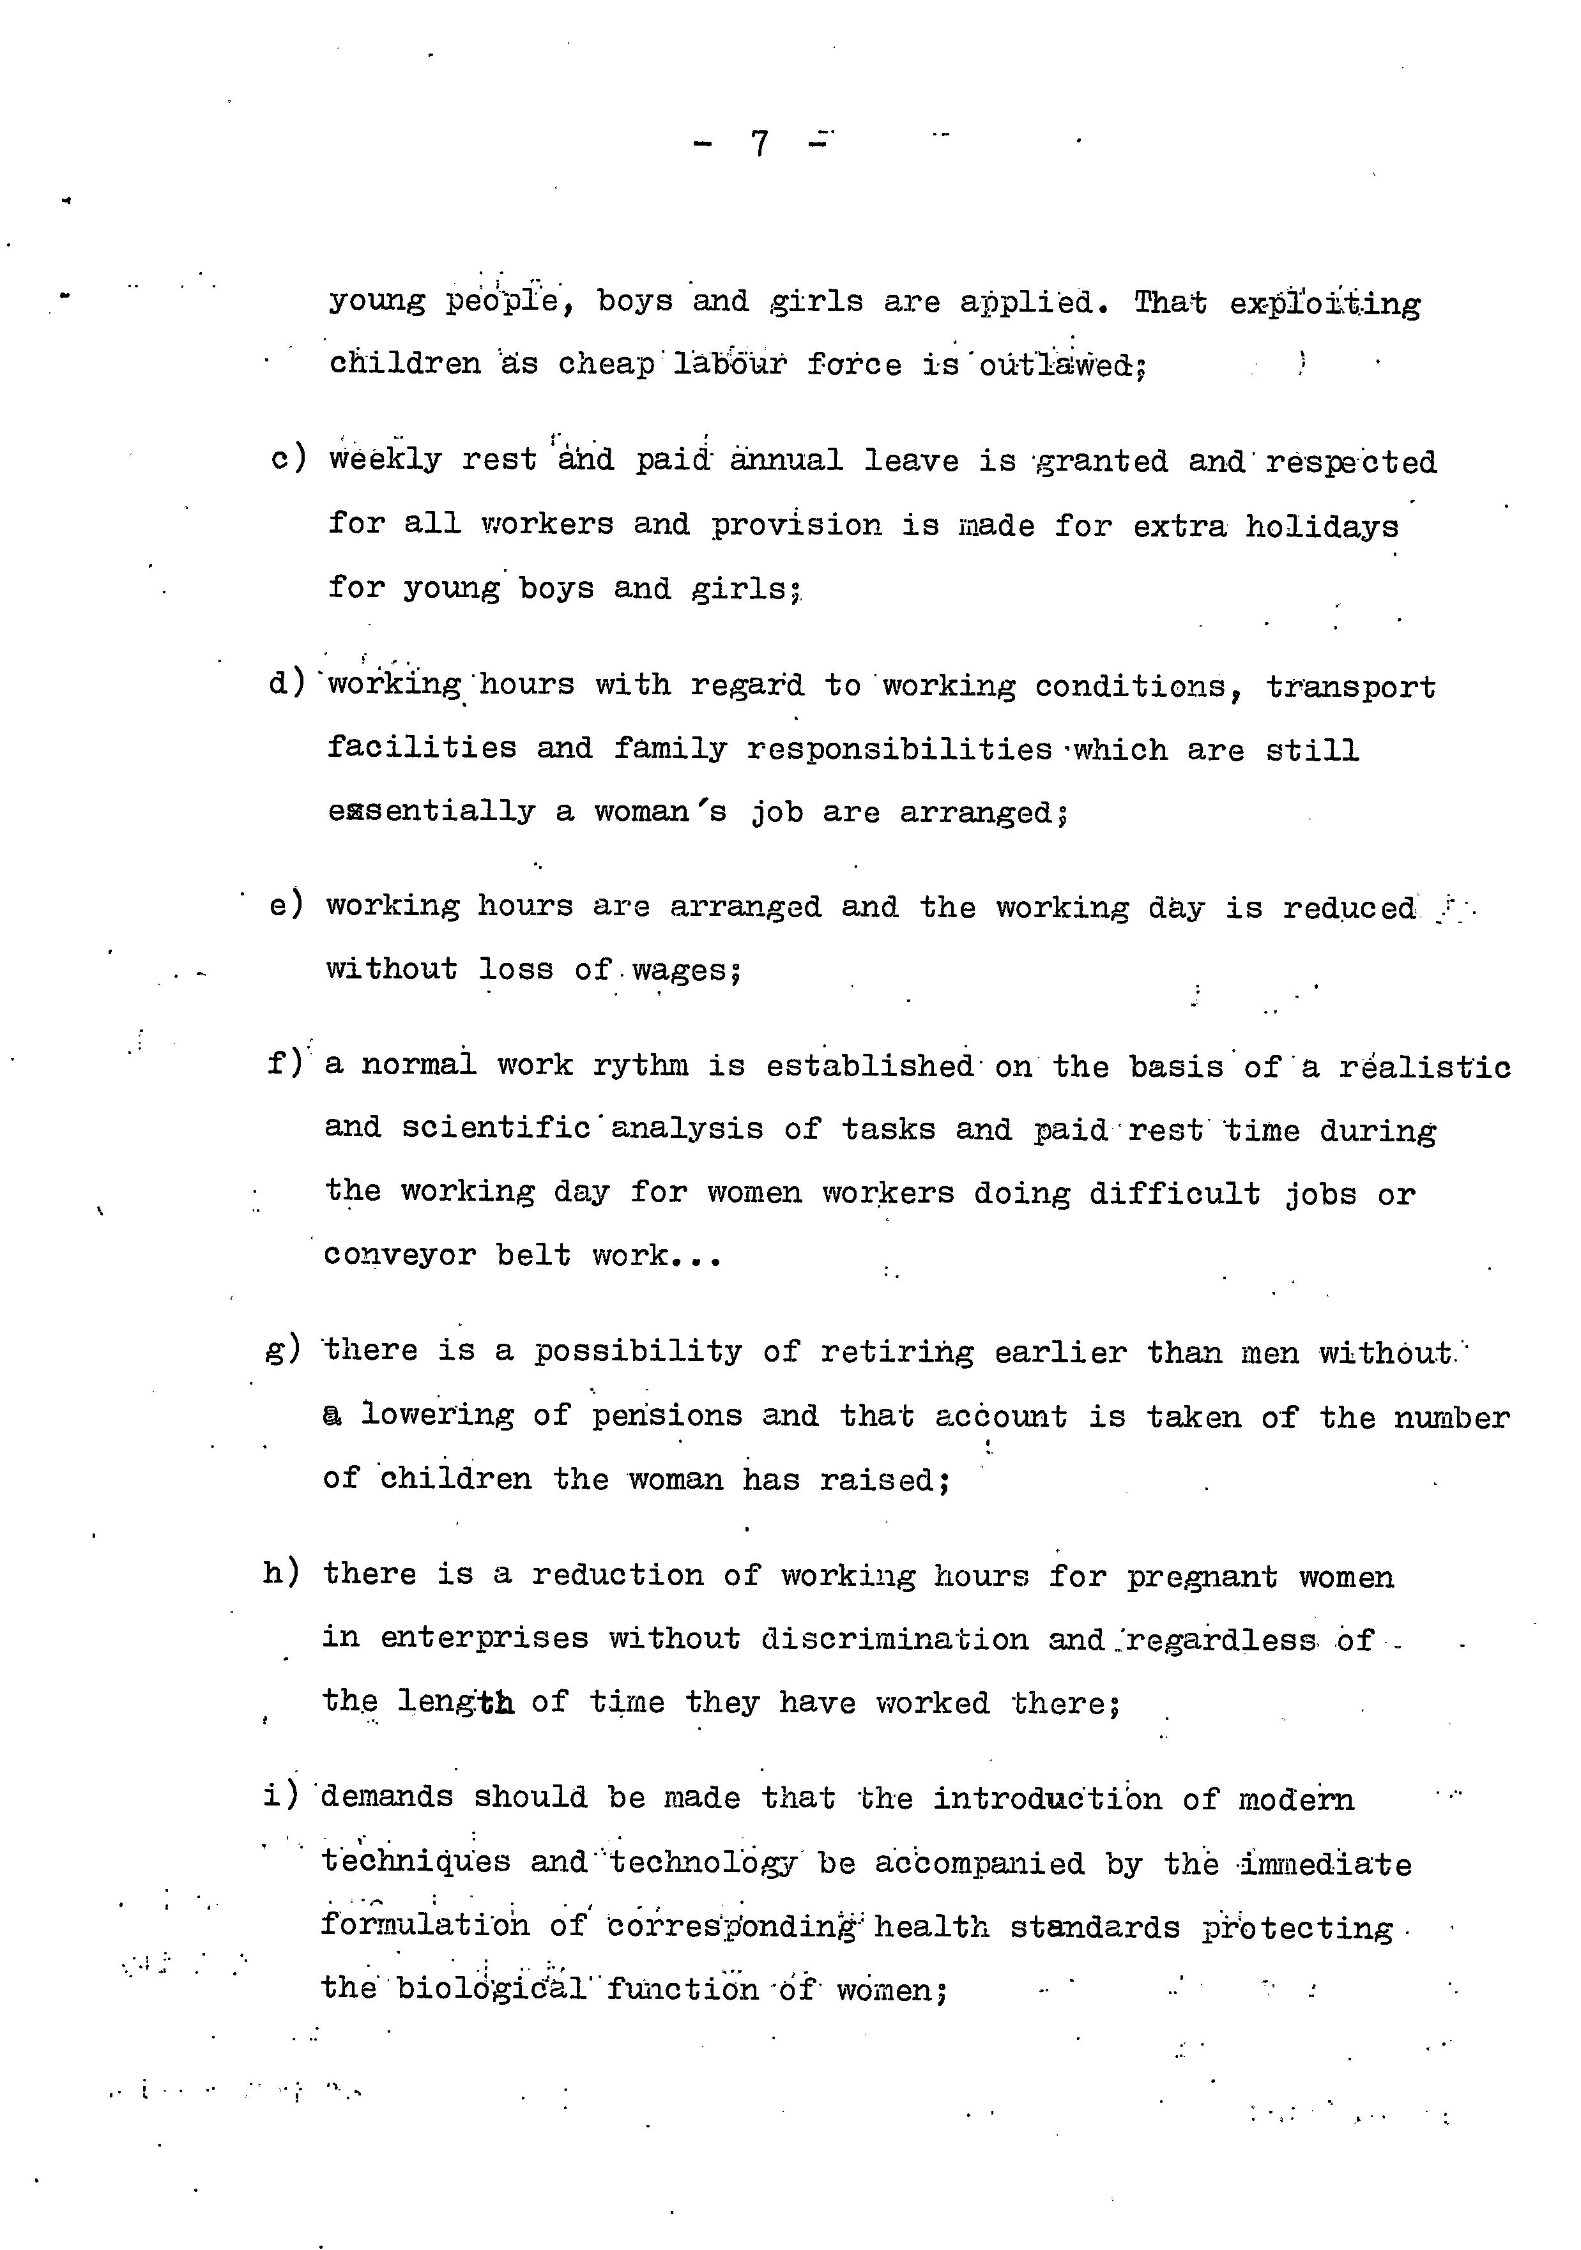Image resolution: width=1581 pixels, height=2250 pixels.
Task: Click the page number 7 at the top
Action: click(760, 144)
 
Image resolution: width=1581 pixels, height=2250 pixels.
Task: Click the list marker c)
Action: click(288, 459)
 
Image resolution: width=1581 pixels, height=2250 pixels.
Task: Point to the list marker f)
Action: click(286, 1064)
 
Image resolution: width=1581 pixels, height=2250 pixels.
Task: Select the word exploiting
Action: click(1324, 304)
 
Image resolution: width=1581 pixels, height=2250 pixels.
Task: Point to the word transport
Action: click(1350, 688)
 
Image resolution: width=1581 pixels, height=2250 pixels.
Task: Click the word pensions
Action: click(666, 1416)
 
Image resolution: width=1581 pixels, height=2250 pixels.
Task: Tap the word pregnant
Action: click(1202, 1577)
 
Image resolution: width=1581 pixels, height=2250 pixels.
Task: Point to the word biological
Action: click(491, 1989)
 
